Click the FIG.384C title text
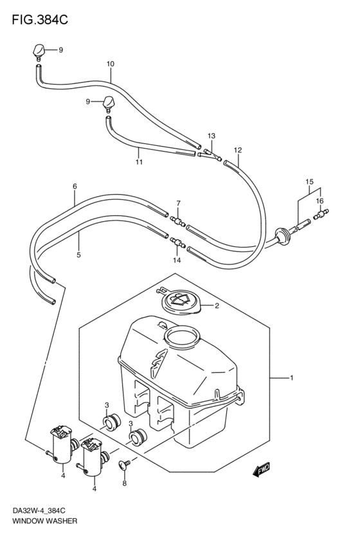tap(40, 20)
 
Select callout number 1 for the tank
tap(291, 378)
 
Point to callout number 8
tap(125, 483)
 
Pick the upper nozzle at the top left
tap(39, 51)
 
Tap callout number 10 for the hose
tap(110, 64)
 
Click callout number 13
tap(212, 136)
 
